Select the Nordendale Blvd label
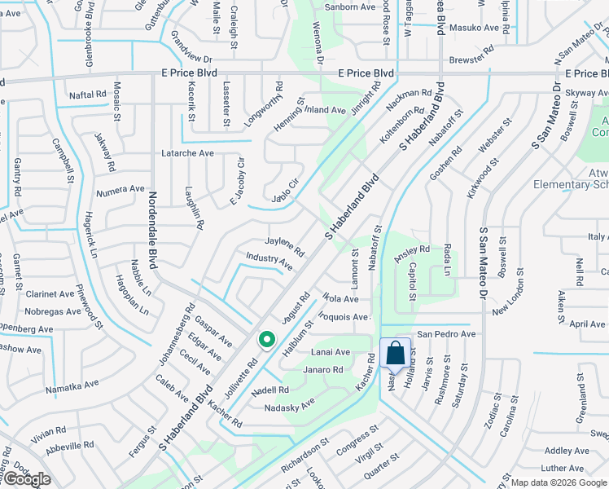(x=152, y=231)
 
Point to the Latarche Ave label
(x=187, y=153)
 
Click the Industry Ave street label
(x=269, y=261)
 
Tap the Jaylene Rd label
(x=284, y=245)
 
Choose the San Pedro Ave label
(x=445, y=334)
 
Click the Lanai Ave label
(x=329, y=352)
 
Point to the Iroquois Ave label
(x=344, y=316)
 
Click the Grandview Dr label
(x=191, y=59)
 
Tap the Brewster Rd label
(x=471, y=59)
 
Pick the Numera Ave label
(x=120, y=193)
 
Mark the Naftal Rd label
(x=88, y=95)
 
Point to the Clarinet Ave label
(x=50, y=294)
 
